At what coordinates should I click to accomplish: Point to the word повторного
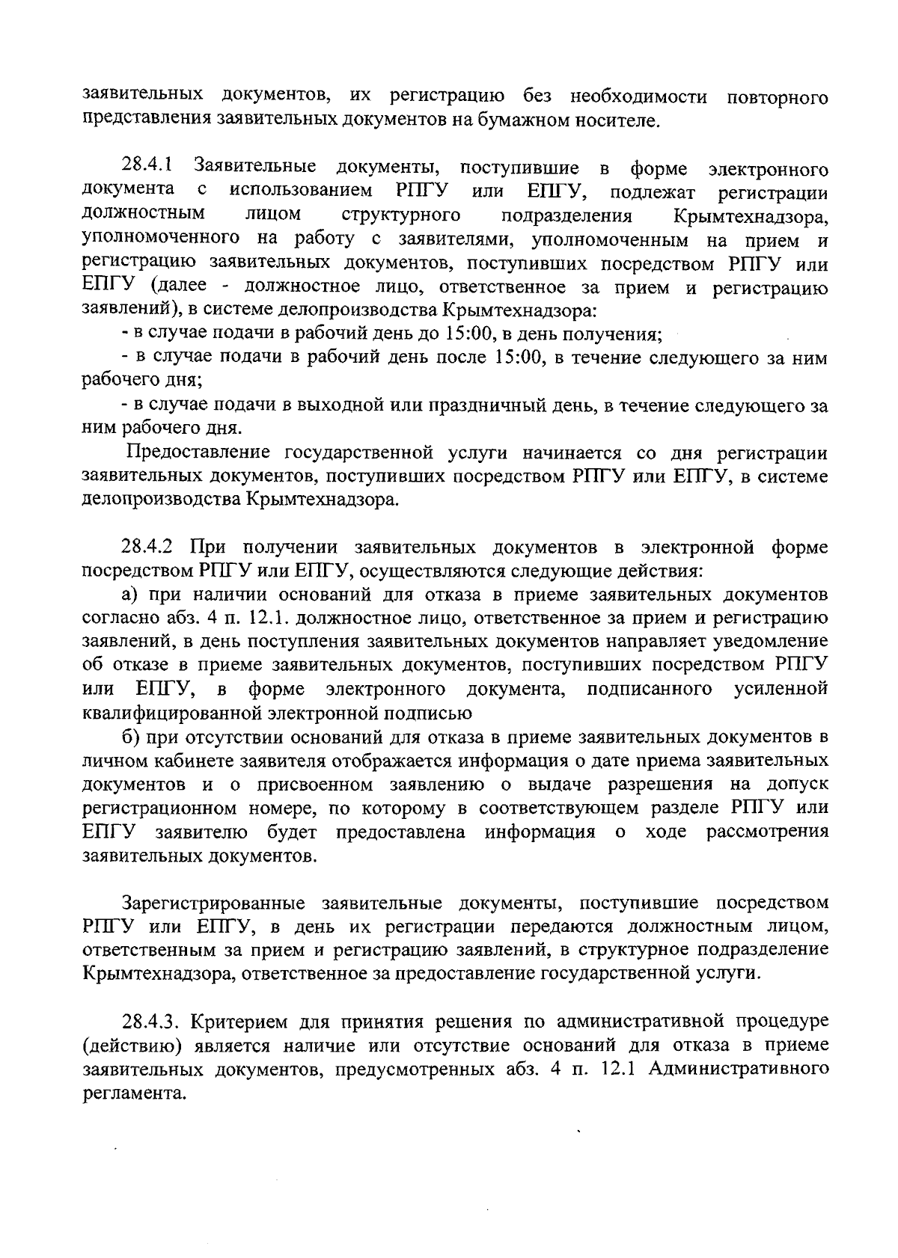point(778,96)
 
